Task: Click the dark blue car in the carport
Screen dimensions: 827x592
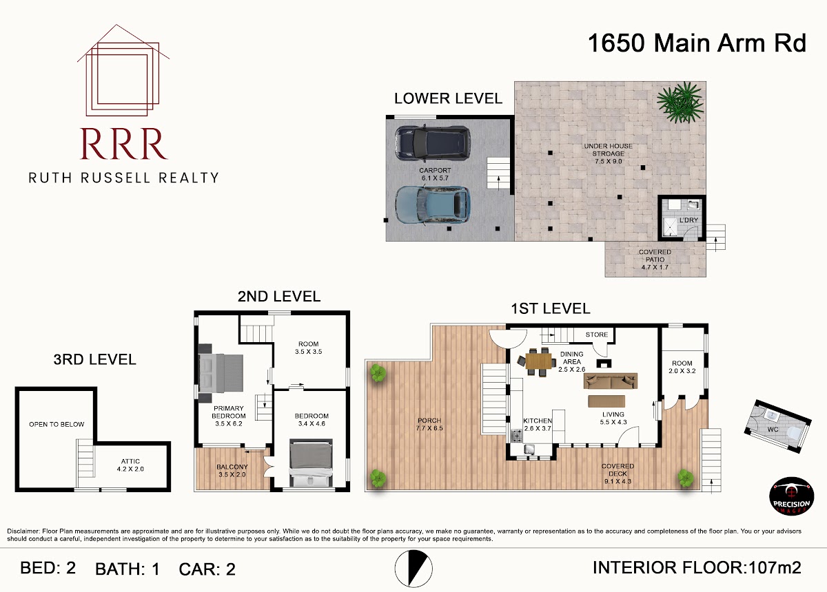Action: point(432,142)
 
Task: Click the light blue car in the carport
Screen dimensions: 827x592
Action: point(432,204)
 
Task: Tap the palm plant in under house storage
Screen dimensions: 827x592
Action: point(680,102)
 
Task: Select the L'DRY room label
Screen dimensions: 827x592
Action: point(688,220)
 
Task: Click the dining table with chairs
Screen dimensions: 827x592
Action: point(538,361)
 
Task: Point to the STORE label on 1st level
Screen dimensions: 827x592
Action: point(597,335)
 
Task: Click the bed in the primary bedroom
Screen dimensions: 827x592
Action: point(221,373)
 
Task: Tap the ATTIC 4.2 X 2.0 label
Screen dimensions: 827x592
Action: point(130,465)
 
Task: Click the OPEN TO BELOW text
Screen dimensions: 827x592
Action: point(57,424)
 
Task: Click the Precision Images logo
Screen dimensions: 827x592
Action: point(791,496)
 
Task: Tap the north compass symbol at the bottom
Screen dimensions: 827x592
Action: point(413,569)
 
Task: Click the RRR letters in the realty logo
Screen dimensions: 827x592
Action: point(123,144)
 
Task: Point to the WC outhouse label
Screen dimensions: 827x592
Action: point(773,430)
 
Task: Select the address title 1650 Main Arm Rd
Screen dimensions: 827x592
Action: point(697,43)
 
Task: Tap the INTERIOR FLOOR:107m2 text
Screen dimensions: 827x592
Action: point(697,567)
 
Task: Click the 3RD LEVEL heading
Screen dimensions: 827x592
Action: point(95,359)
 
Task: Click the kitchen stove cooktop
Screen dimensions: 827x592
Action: point(517,436)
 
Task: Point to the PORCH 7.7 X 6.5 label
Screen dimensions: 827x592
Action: point(429,424)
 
